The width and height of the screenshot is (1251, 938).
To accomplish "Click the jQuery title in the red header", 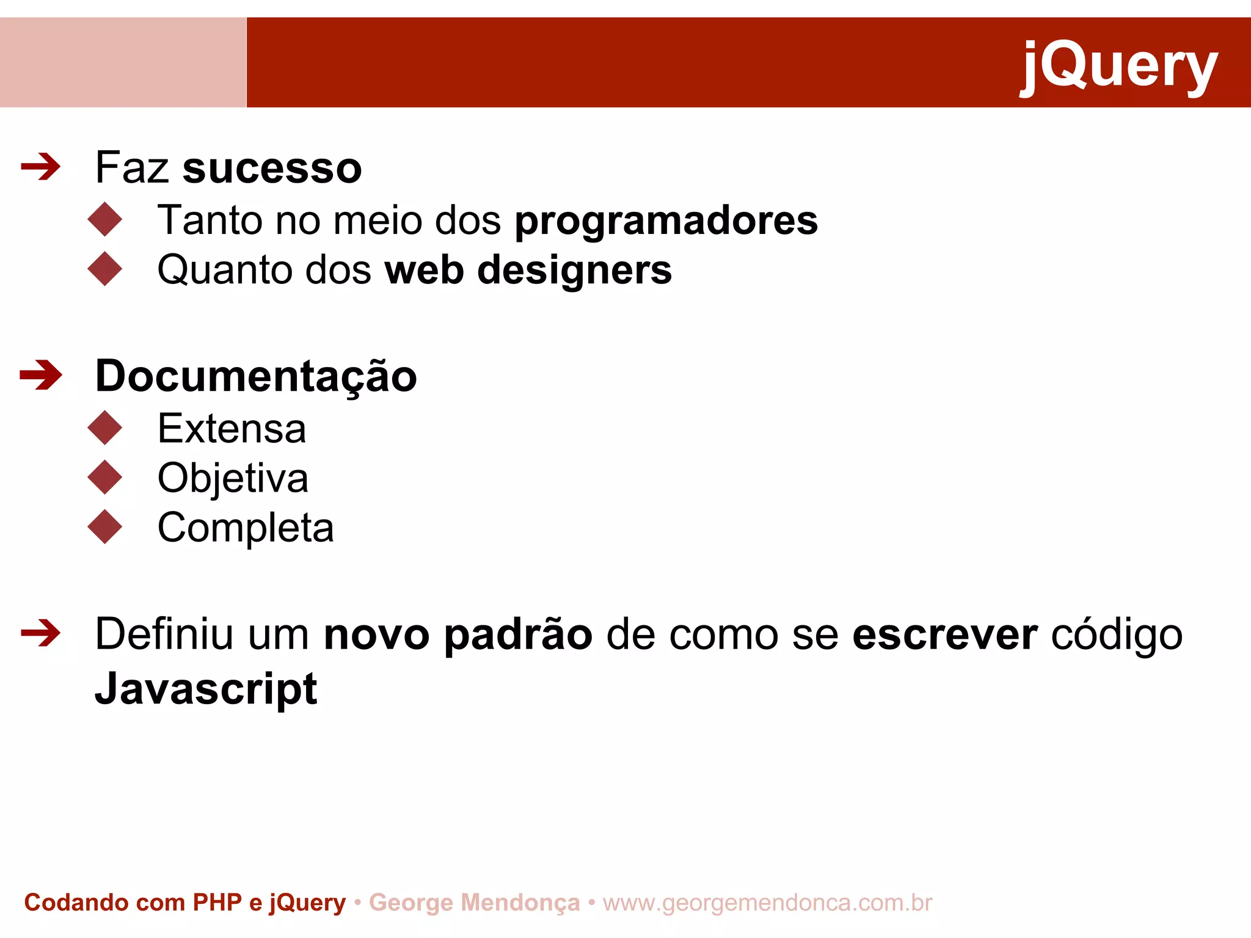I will (x=1119, y=65).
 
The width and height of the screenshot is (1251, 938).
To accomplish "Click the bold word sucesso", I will (x=272, y=168).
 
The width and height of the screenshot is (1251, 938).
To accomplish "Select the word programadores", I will (x=666, y=220).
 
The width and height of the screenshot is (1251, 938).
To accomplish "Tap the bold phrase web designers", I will (x=528, y=270).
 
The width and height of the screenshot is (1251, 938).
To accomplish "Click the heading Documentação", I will (x=256, y=376).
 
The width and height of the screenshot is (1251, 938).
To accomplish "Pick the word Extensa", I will (x=232, y=429).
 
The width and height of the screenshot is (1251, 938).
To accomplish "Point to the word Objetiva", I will (x=233, y=478).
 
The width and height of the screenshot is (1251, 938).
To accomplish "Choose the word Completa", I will (x=246, y=528).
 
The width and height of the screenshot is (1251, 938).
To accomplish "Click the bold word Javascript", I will (x=206, y=688).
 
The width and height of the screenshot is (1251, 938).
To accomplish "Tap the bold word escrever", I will (x=944, y=634).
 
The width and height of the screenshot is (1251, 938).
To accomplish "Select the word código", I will (x=1117, y=634).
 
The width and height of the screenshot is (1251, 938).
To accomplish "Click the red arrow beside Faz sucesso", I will (x=41, y=167).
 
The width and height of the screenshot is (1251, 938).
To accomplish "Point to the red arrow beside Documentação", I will (x=41, y=375).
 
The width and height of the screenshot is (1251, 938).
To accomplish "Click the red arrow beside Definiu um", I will (x=41, y=633).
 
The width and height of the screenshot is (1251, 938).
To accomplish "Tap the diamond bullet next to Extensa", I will (x=105, y=427).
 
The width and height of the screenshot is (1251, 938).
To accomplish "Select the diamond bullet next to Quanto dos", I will (x=105, y=269).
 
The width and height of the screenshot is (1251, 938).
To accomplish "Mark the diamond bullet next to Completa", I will (x=105, y=526).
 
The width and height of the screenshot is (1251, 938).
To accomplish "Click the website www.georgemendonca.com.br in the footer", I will (x=767, y=903).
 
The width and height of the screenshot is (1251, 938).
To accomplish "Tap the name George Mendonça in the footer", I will (x=474, y=903).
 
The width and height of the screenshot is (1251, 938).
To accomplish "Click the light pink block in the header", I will (x=123, y=62).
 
